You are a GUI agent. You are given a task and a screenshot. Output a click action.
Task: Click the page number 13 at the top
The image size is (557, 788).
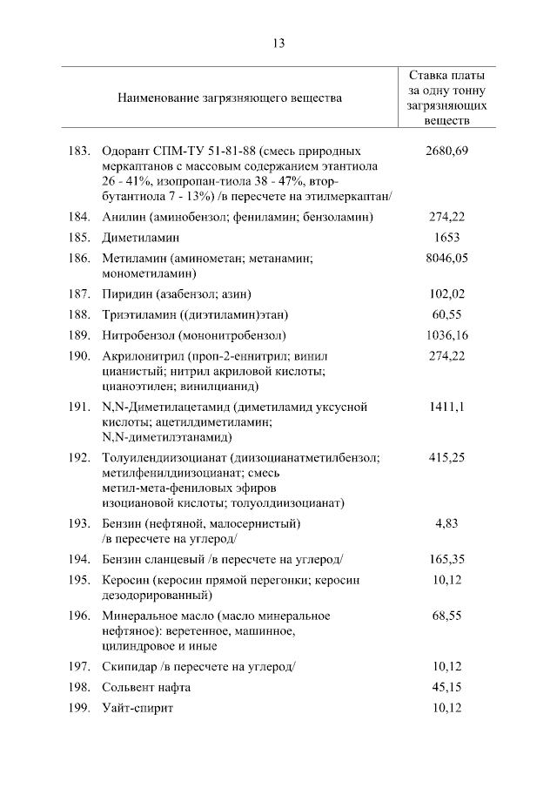coord(278,43)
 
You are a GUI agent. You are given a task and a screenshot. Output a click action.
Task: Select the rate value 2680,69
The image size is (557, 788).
coord(447,151)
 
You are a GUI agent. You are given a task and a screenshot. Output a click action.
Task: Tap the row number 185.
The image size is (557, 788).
coord(79,237)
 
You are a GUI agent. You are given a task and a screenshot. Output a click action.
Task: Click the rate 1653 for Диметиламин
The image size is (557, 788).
coord(447,237)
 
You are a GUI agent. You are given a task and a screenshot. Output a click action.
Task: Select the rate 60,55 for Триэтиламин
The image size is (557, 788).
coord(447,313)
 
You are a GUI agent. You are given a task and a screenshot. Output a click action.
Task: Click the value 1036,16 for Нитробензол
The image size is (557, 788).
coord(447,334)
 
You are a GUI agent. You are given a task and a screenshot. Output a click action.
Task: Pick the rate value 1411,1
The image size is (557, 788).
coord(447,407)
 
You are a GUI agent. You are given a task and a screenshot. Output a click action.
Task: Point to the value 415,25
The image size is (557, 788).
coord(447,456)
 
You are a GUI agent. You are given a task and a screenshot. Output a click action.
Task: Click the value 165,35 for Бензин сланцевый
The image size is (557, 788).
coord(447,558)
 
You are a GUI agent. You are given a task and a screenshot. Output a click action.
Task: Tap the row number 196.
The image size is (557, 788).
coord(79,616)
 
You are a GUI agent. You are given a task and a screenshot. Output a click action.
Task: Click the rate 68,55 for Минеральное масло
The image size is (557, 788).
coord(447,616)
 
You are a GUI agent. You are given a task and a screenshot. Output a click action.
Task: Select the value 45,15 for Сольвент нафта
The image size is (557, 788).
coord(447,688)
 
